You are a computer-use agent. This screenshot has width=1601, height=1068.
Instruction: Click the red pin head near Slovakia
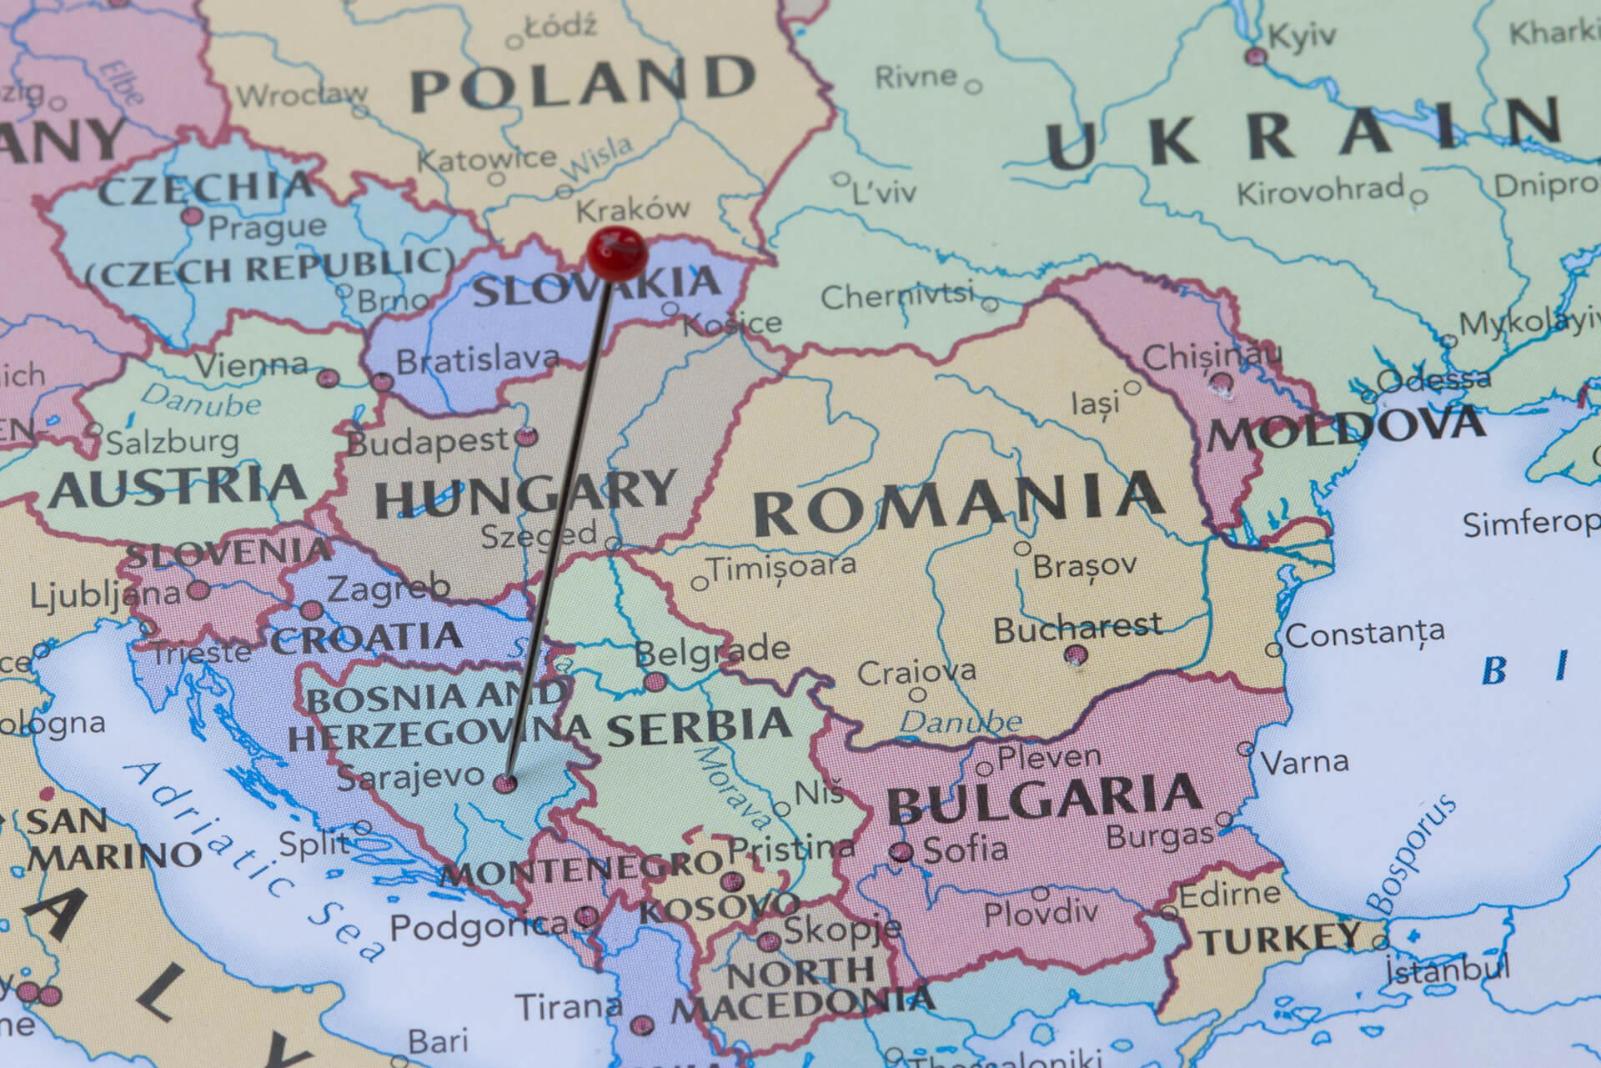click(x=617, y=252)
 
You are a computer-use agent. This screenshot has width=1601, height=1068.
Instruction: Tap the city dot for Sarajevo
click(x=505, y=783)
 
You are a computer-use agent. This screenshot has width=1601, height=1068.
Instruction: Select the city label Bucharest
click(x=1077, y=628)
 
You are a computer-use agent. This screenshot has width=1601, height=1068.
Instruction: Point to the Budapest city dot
click(x=527, y=436)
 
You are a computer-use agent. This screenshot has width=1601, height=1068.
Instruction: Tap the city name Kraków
click(x=634, y=208)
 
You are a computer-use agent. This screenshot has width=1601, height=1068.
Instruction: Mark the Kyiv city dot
click(x=1256, y=57)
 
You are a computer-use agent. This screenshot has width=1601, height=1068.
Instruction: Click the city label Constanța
click(x=1365, y=634)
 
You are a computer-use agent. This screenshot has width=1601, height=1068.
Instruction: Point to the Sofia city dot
click(x=901, y=851)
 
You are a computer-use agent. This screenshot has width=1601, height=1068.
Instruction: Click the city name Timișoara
click(x=782, y=566)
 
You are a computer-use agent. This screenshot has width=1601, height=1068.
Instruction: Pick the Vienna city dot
click(x=328, y=379)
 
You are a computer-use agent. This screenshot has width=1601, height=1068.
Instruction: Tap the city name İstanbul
click(x=1447, y=970)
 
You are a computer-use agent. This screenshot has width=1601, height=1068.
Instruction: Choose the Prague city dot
click(x=193, y=217)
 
